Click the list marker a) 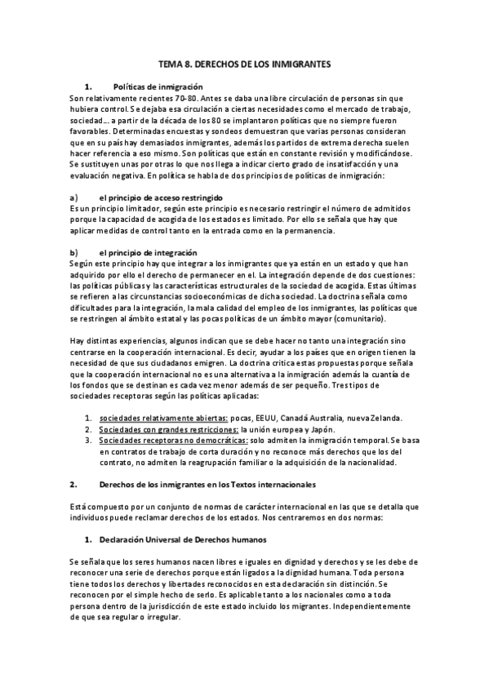74,198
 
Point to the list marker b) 74,253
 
